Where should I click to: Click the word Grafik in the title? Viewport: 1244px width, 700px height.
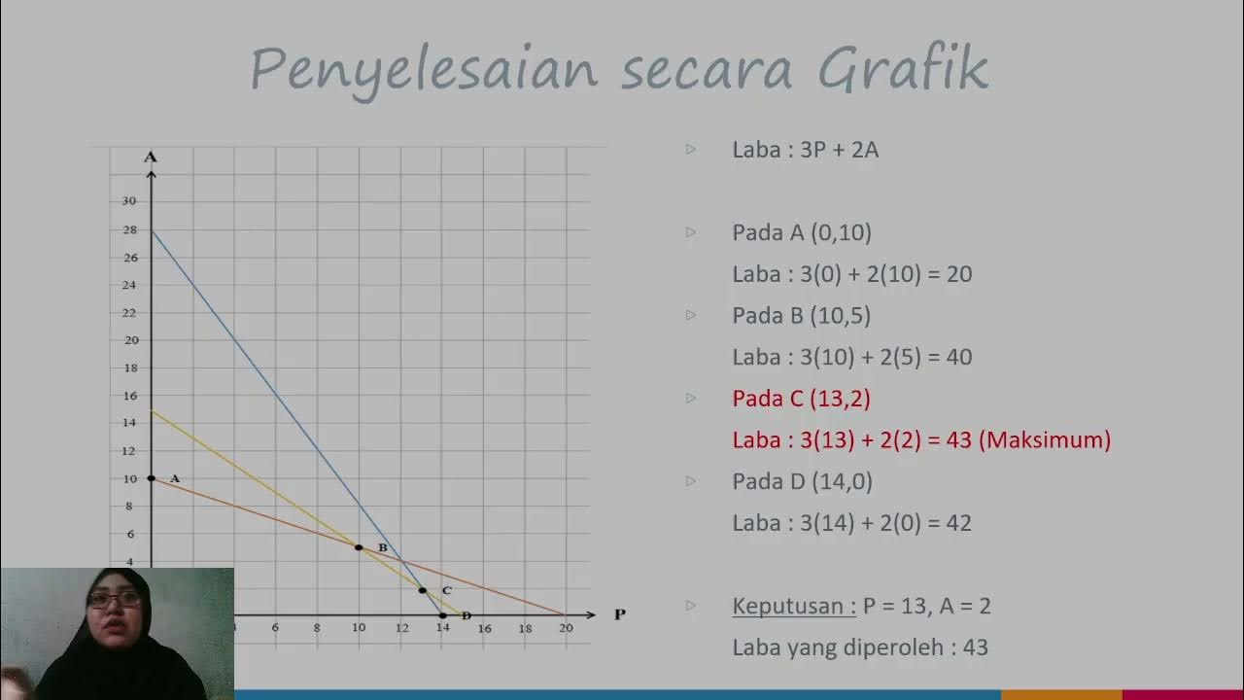tap(903, 70)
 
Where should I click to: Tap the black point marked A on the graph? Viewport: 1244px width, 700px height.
tap(152, 478)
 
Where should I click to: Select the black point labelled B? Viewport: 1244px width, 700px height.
tap(359, 548)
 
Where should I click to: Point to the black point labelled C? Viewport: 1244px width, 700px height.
tap(422, 590)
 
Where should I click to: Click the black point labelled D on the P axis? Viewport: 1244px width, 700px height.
tap(443, 615)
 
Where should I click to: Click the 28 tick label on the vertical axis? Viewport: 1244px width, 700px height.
tap(129, 230)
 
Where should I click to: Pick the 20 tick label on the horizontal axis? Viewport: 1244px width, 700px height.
tap(566, 628)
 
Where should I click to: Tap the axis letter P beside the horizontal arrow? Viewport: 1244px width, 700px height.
tap(619, 614)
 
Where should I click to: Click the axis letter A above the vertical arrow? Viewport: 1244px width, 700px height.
tap(151, 157)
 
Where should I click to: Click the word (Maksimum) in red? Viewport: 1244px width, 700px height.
tap(1045, 439)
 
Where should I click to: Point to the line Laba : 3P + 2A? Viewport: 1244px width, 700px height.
tap(805, 150)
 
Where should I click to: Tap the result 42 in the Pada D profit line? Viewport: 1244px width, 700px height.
tap(958, 523)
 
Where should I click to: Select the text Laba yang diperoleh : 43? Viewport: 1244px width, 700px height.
tap(859, 647)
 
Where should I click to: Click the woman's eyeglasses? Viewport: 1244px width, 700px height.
tap(114, 600)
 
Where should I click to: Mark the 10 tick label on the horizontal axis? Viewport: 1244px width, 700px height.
tap(359, 628)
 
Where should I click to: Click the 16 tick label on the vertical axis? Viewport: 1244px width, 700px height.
tap(129, 396)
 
